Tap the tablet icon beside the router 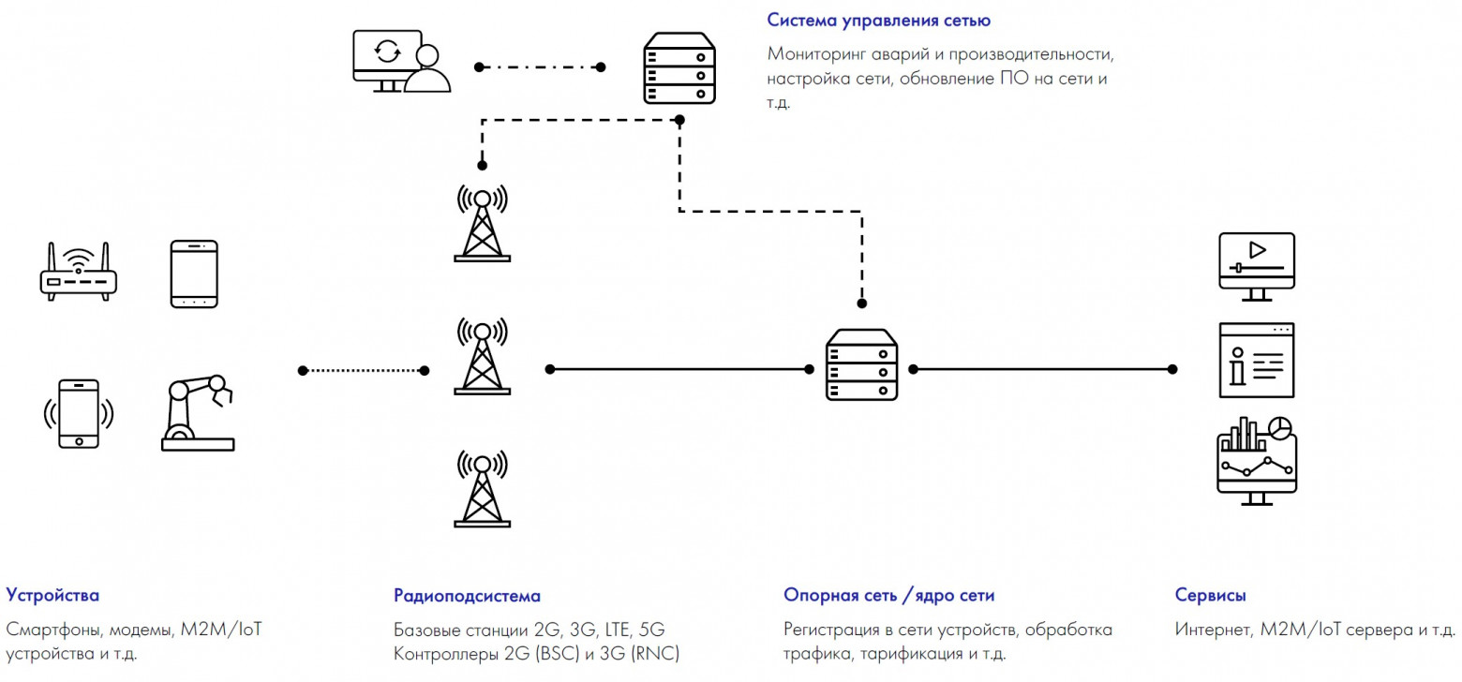pos(194,274)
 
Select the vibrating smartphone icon pos(79,413)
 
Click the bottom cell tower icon pos(482,488)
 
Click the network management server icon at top pos(679,67)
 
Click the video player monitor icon pos(1256,266)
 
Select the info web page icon pos(1256,361)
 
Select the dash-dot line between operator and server pos(540,67)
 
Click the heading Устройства pos(52,595)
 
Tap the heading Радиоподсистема pos(467,596)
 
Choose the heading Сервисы pos(1210,595)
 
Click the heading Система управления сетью pos(878,20)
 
